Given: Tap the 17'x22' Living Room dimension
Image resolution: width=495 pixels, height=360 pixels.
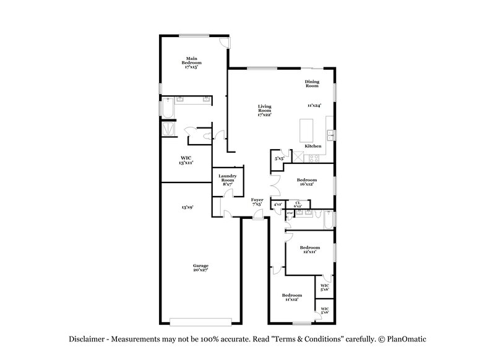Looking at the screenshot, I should click(264, 114).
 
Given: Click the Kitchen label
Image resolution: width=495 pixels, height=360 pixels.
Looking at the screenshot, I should click(312, 145).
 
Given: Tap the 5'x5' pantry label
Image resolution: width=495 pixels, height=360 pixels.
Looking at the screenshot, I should click(279, 159).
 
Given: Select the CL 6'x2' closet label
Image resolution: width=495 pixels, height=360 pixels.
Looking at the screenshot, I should click(298, 204).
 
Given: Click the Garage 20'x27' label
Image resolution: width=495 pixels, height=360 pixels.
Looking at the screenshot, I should click(200, 267).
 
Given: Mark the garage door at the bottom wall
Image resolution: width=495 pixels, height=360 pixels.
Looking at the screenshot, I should click(201, 321).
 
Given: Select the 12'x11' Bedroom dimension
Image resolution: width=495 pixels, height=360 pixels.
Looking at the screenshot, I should click(310, 252).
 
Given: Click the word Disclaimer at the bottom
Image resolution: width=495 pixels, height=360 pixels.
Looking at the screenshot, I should click(86, 340).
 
